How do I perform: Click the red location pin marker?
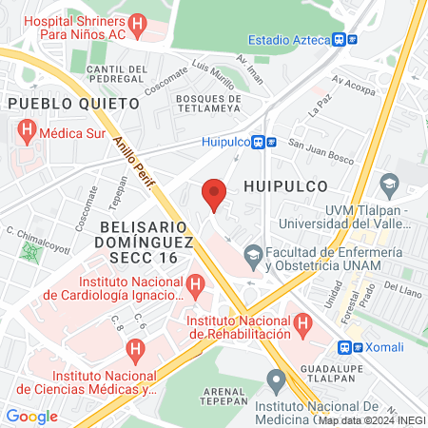pyautogui.click(x=215, y=194)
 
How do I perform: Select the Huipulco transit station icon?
pyautogui.click(x=263, y=143)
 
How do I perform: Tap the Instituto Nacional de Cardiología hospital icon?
pyautogui.click(x=195, y=282)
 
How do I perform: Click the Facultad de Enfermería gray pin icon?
pyautogui.click(x=254, y=255)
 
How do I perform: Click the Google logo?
pyautogui.click(x=31, y=416)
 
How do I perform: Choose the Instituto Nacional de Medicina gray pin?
pyautogui.click(x=277, y=382)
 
